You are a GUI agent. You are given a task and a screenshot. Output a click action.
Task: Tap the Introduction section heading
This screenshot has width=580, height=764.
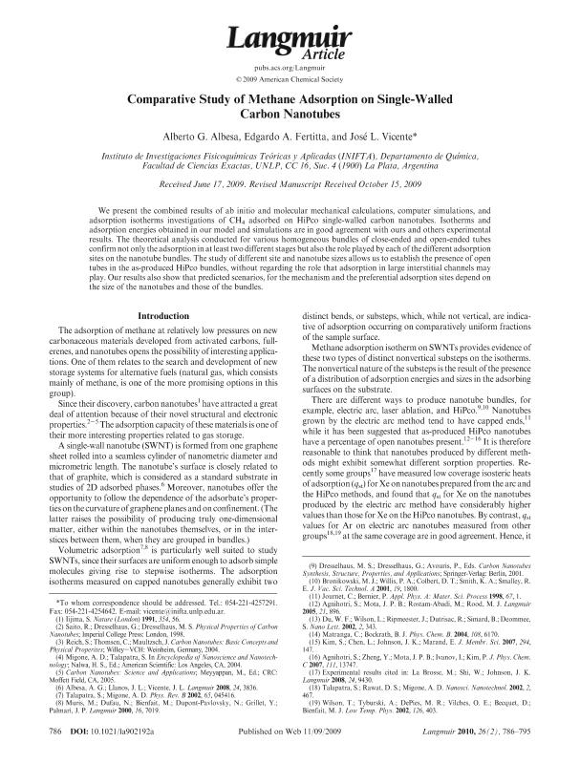166,314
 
